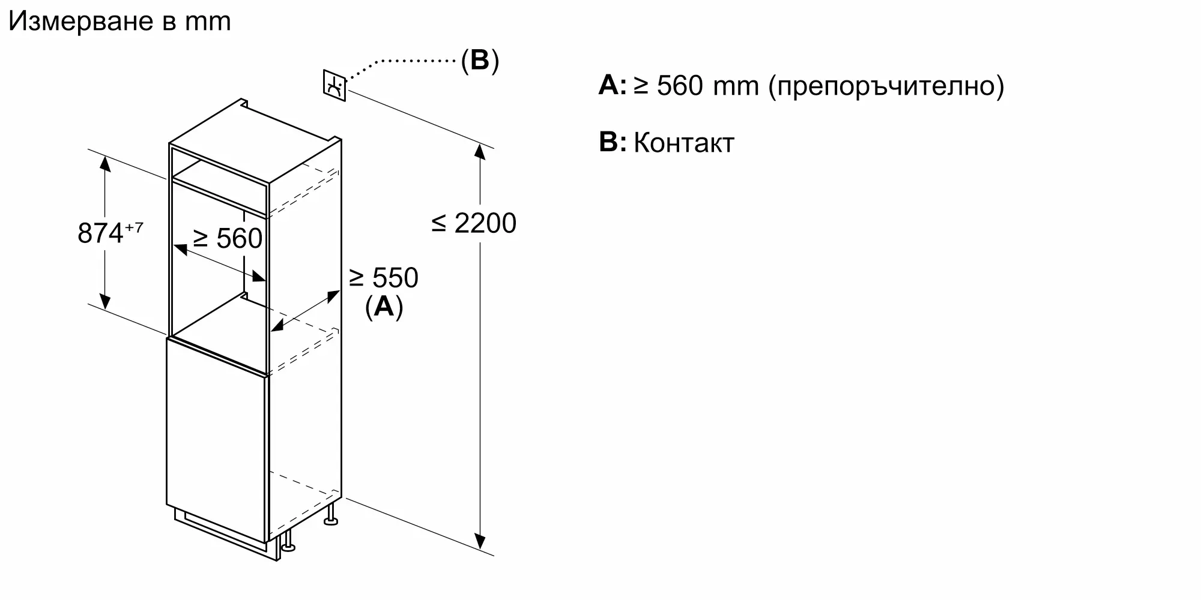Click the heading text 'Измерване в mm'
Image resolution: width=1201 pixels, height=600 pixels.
[119, 22]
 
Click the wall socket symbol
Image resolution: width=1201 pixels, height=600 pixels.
[334, 86]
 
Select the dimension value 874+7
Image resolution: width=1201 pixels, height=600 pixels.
[110, 232]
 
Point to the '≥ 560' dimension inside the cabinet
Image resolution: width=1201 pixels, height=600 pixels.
[228, 238]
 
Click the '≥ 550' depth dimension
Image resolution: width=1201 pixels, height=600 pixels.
[383, 278]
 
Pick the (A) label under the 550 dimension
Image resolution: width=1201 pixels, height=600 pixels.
[384, 307]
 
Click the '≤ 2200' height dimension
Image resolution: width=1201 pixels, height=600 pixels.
[474, 223]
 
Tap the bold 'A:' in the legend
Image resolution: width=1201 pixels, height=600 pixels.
[613, 86]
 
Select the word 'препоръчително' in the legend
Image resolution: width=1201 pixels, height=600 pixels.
[886, 87]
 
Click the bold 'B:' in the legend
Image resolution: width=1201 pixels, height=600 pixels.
[613, 142]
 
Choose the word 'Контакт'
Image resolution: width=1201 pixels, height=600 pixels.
[684, 143]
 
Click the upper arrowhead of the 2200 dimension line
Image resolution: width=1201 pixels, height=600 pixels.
[479, 151]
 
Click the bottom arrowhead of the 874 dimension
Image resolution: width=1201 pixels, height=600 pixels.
[105, 301]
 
